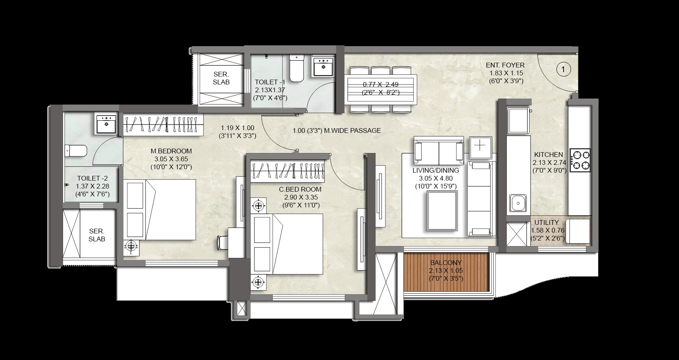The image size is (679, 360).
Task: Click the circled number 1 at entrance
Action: point(563,70)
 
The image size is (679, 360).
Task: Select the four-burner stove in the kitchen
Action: point(580,160)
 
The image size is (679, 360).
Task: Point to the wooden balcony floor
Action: point(446,272)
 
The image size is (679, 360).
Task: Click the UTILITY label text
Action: point(547,223)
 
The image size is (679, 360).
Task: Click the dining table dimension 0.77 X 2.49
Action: point(380,84)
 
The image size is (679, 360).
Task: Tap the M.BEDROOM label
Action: point(171,151)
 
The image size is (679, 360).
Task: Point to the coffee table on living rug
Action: point(441,211)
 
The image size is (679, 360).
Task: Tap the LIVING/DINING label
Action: point(435,171)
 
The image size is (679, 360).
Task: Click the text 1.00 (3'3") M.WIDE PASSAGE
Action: point(337,131)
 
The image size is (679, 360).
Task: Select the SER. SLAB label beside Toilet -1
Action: point(221,78)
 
